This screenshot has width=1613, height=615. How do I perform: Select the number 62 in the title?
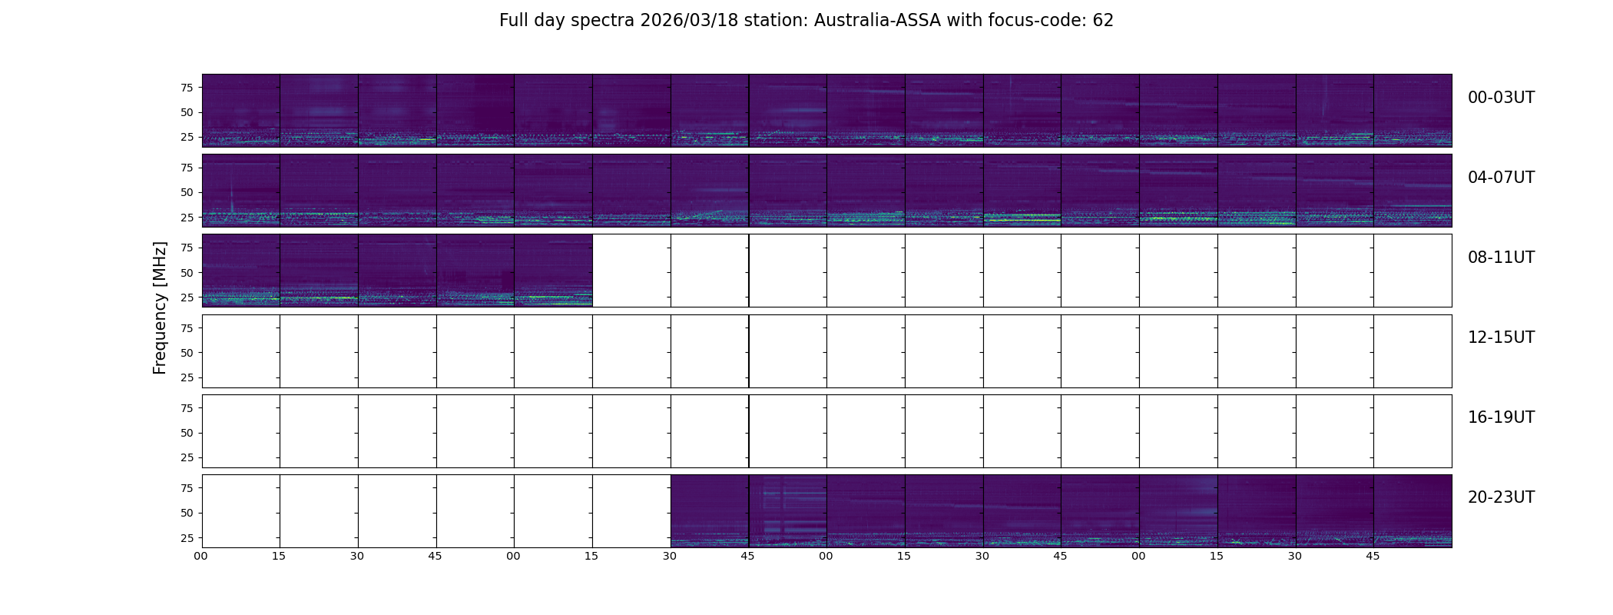1103,21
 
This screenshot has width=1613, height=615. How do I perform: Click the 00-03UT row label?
1501,98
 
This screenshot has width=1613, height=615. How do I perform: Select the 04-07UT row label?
1501,178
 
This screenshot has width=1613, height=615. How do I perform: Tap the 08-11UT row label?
1501,258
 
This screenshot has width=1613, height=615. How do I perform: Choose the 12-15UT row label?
1501,337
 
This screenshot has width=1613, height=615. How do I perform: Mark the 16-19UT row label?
1501,417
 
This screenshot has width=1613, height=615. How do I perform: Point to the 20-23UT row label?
1501,497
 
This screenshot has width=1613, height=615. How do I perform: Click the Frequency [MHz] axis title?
160,307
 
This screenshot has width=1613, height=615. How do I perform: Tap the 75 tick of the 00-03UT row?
187,88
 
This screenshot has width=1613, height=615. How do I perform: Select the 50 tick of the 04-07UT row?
187,193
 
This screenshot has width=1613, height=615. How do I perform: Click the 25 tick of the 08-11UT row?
187,298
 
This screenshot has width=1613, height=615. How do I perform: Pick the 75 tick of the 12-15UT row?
187,328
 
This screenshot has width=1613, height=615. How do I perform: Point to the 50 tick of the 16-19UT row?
187,433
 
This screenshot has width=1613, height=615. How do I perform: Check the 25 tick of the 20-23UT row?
187,538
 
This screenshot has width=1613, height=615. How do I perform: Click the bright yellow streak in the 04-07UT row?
1022,220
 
